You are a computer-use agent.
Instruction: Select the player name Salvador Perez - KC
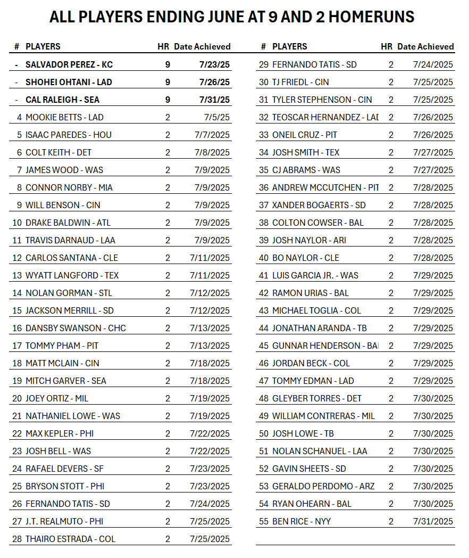tap(69, 64)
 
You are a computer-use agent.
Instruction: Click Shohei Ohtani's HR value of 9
tap(167, 82)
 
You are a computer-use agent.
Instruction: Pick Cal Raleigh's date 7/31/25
tap(214, 100)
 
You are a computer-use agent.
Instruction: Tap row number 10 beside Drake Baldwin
tap(16, 223)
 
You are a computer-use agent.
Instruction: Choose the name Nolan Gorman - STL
tap(69, 293)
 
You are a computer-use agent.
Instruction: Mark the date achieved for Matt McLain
tap(210, 363)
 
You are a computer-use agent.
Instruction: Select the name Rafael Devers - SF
tap(64, 469)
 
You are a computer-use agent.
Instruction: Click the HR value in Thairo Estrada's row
tap(167, 539)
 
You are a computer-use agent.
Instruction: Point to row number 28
tap(16, 539)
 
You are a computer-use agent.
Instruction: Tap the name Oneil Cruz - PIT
tap(304, 135)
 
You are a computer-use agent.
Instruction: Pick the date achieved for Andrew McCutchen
tap(433, 187)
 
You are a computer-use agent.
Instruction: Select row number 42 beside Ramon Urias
tap(264, 293)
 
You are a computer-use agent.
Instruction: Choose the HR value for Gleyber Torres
tap(391, 398)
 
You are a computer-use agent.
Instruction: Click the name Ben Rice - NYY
tap(301, 521)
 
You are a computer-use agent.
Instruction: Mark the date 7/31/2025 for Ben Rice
tap(433, 521)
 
